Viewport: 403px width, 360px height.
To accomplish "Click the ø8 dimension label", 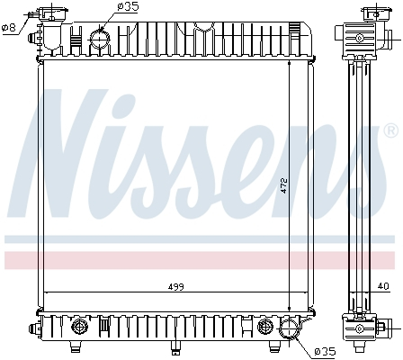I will (10, 27).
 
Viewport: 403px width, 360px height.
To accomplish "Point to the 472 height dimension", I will (283, 185).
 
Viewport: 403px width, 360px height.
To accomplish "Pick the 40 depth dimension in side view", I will (384, 287).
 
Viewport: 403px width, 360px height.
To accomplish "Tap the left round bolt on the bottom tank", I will (78, 325).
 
